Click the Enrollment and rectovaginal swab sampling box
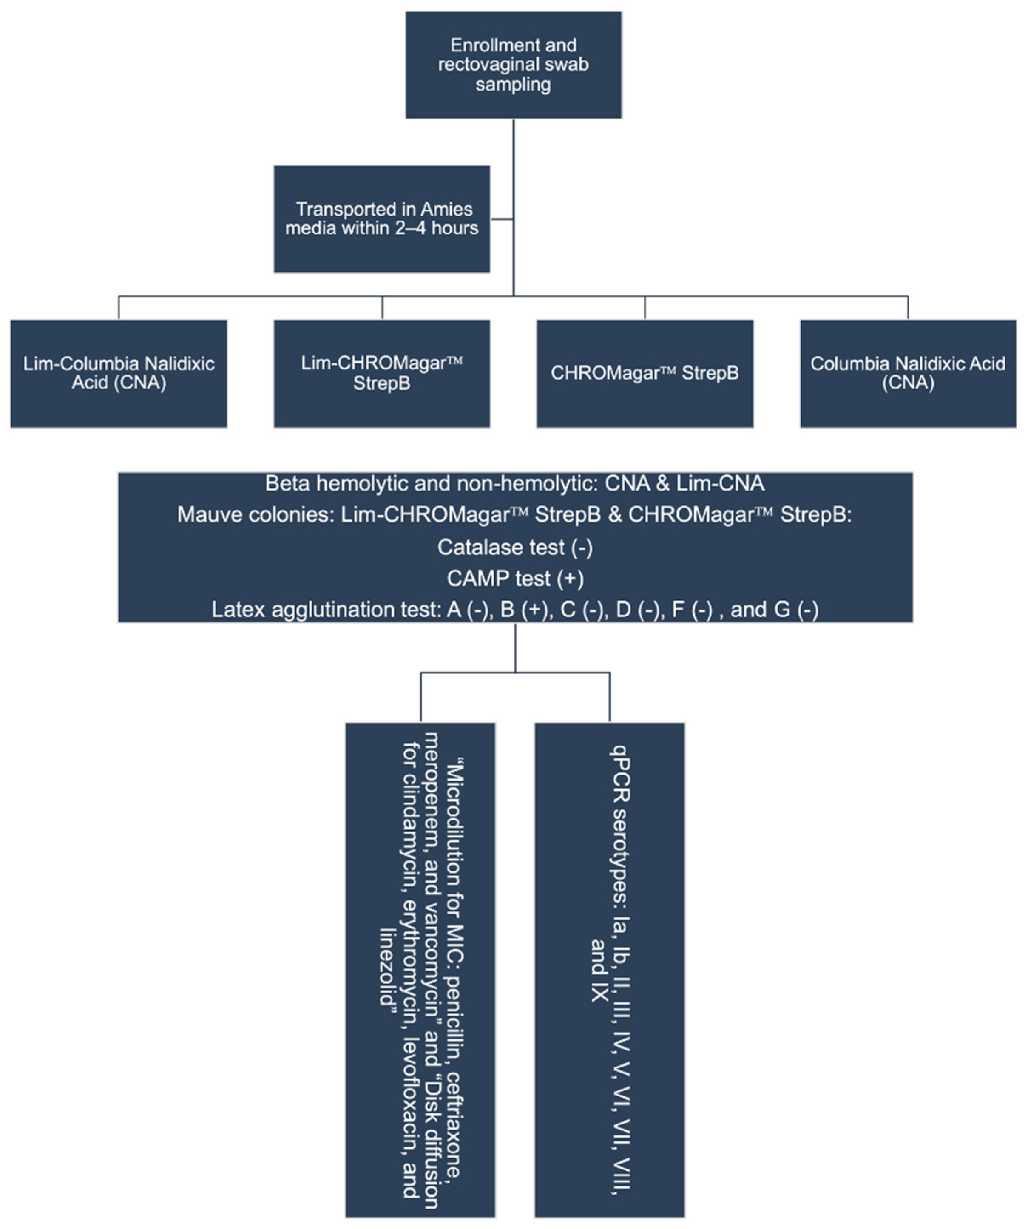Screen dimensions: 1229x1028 [x=514, y=65]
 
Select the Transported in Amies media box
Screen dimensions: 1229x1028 [x=382, y=219]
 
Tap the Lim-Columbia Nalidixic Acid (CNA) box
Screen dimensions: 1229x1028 [x=119, y=373]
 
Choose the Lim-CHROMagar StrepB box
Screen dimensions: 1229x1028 [x=382, y=373]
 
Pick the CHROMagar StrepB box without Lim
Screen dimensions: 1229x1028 [x=645, y=373]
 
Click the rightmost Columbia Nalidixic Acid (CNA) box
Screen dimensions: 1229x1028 [x=907, y=373]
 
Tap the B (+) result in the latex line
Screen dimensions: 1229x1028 [x=525, y=610]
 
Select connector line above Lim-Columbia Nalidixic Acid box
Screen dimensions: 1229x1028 [x=119, y=307]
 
